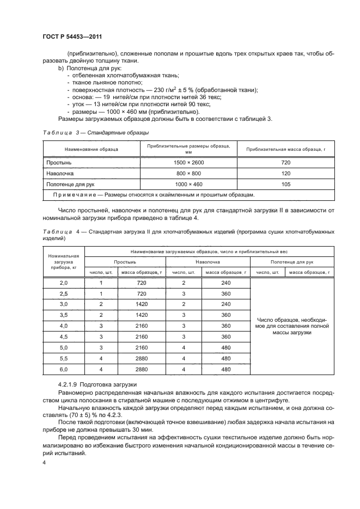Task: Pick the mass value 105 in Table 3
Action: [x=286, y=185]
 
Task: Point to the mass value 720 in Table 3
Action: [x=286, y=163]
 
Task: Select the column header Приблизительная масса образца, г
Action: [x=286, y=149]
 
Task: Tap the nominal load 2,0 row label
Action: [x=64, y=283]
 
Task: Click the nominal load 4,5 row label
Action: [x=64, y=336]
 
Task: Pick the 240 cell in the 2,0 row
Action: [x=226, y=283]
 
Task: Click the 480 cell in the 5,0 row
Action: [x=226, y=347]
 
